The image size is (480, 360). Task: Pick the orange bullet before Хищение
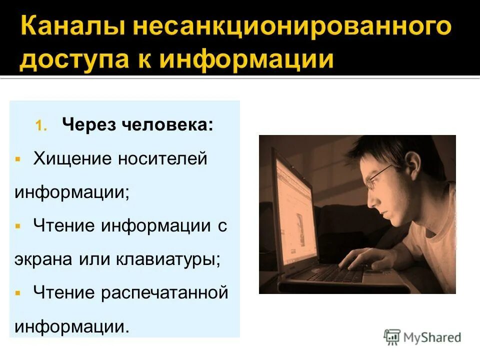(x=17, y=159)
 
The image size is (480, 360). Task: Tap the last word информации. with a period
(x=72, y=326)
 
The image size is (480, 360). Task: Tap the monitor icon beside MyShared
(x=392, y=337)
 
